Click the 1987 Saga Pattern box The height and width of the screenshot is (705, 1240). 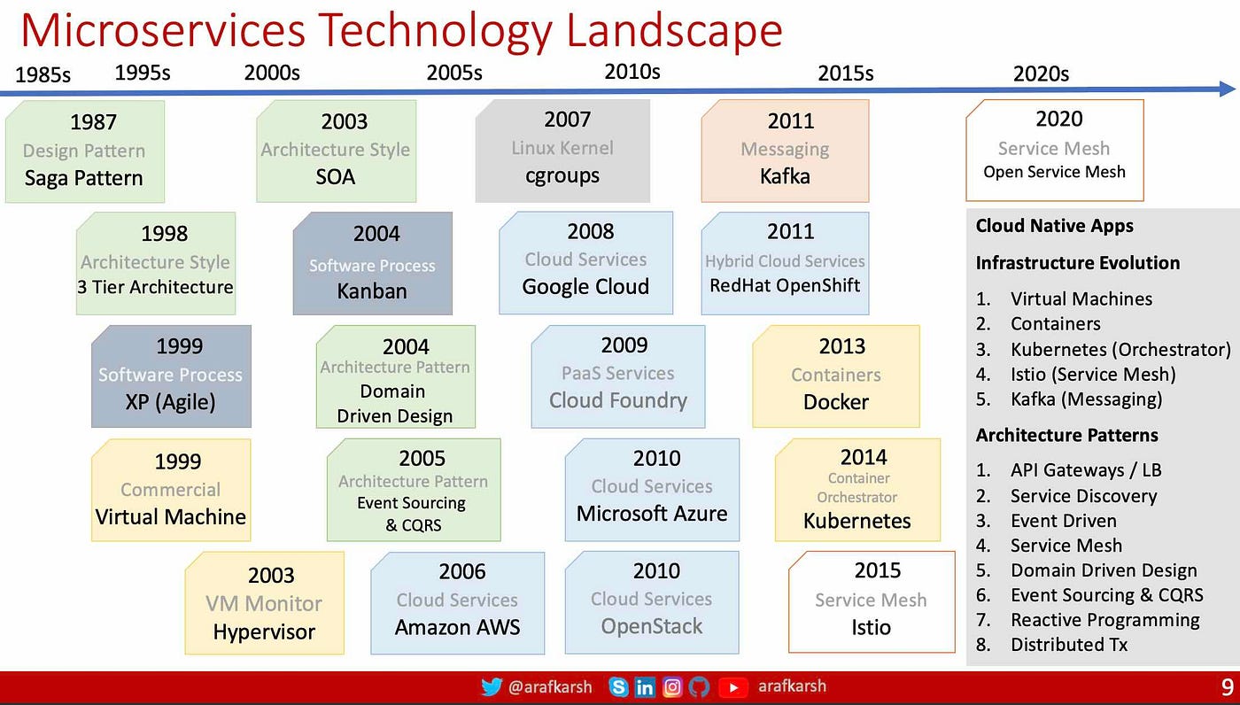[85, 151]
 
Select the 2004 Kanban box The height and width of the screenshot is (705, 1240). [373, 263]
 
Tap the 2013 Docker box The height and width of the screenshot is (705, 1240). [836, 376]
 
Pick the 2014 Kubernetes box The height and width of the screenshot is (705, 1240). [857, 490]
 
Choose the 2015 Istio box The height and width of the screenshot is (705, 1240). [872, 602]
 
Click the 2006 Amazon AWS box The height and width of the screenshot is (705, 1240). [458, 602]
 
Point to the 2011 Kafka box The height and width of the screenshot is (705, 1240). [785, 151]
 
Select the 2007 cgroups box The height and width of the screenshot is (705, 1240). [562, 151]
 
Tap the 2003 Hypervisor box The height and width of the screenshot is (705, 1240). [265, 603]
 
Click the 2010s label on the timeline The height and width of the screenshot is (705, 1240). [632, 72]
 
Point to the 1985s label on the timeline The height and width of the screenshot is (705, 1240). [43, 74]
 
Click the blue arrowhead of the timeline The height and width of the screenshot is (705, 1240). [1228, 89]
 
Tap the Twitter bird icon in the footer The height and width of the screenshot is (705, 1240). [492, 686]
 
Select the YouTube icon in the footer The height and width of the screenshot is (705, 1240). [733, 687]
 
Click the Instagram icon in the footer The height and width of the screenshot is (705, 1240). [672, 686]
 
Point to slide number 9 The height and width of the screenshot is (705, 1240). [1228, 686]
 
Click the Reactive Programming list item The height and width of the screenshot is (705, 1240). [1105, 620]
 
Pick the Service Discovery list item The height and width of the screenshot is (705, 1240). [1083, 496]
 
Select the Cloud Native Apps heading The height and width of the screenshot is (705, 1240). [1055, 226]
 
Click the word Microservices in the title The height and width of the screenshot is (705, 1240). [163, 31]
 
